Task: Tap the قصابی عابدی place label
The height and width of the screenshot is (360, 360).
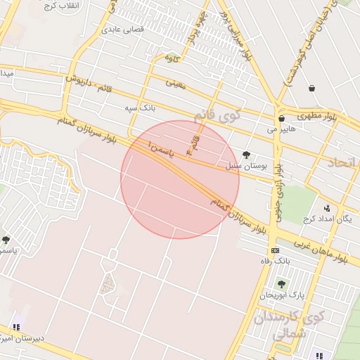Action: pyautogui.click(x=122, y=30)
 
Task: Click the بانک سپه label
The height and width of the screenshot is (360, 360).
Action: pyautogui.click(x=139, y=108)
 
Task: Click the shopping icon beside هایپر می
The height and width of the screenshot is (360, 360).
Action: pyautogui.click(x=281, y=119)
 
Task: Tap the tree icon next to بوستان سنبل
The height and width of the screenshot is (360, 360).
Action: pyautogui.click(x=245, y=155)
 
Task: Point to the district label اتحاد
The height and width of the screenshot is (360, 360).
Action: pyautogui.click(x=343, y=162)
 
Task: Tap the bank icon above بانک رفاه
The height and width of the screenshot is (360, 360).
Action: pyautogui.click(x=275, y=250)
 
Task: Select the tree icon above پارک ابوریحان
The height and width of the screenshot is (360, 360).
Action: pyautogui.click(x=281, y=284)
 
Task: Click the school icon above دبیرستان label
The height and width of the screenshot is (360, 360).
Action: pyautogui.click(x=15, y=327)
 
